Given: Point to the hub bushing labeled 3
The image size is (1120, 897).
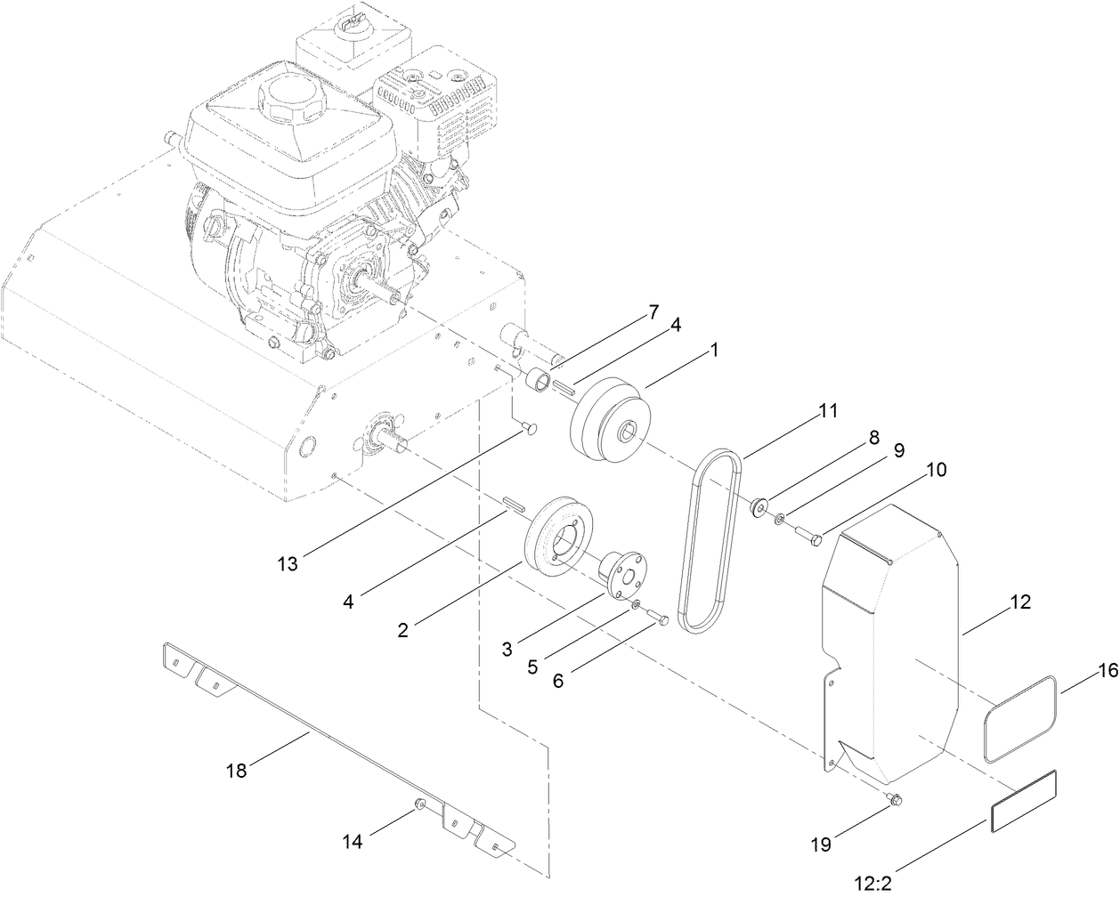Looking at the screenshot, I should coord(621,574).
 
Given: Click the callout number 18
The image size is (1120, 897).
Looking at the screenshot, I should coord(236,771).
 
